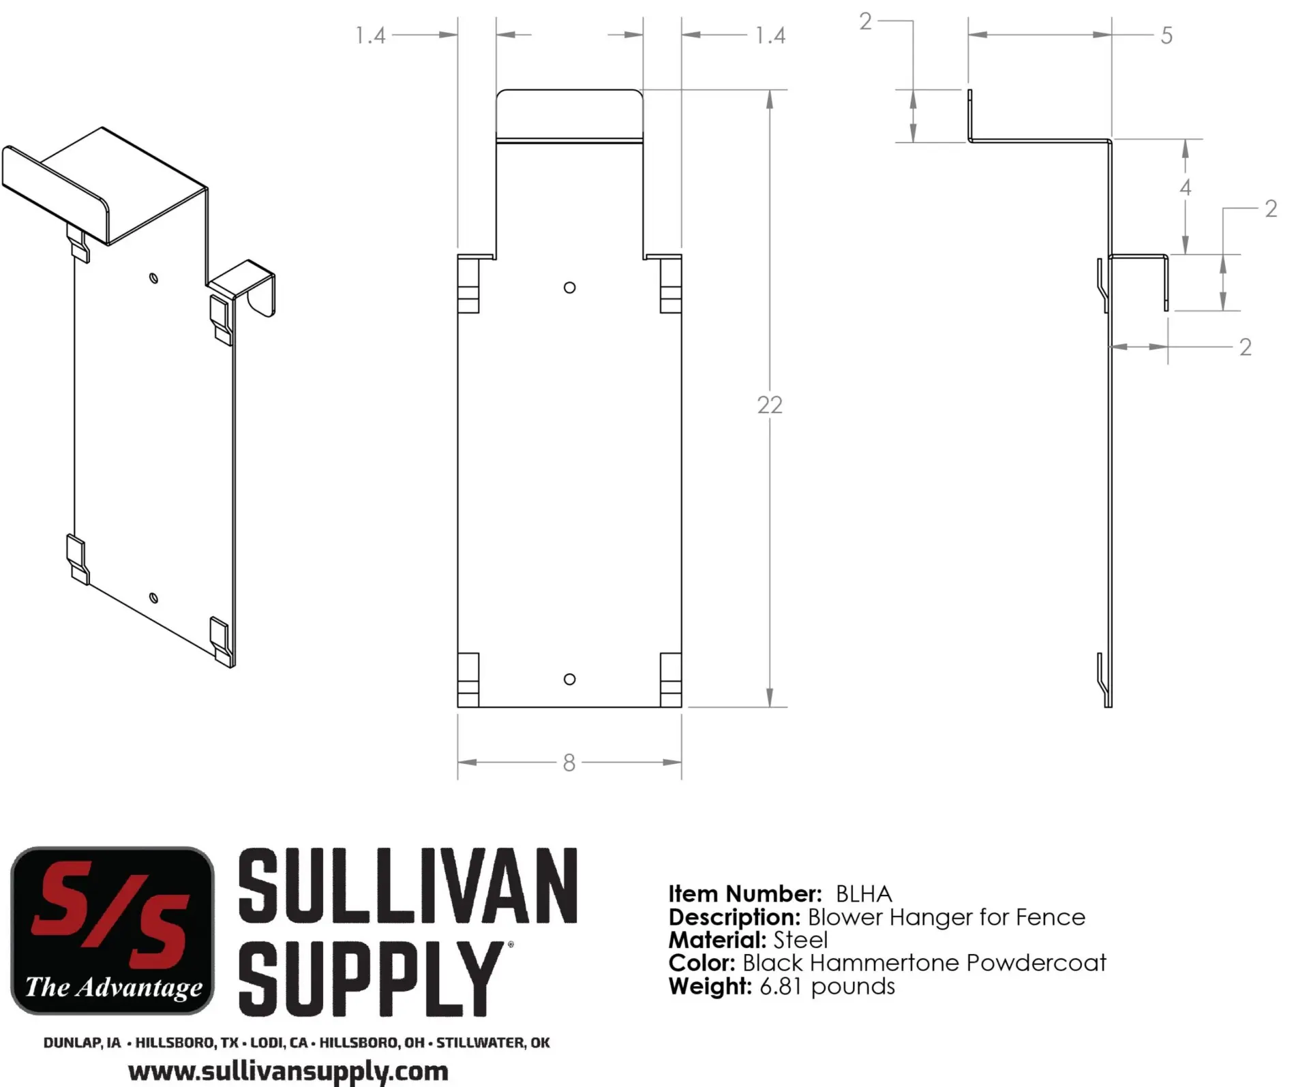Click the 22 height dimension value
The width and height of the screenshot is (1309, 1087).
click(770, 405)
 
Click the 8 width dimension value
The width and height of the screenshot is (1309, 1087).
click(569, 763)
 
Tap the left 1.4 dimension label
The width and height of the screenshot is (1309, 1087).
click(370, 35)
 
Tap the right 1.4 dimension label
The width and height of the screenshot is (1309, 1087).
click(770, 35)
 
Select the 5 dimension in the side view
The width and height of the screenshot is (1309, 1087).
click(1167, 35)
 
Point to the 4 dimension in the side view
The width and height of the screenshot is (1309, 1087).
click(1186, 187)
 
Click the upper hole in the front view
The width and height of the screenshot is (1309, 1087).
click(570, 288)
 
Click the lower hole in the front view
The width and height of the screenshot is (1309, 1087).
click(570, 679)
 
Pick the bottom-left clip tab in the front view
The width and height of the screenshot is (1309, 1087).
click(468, 680)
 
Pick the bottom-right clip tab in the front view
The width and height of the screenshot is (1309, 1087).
click(671, 680)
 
